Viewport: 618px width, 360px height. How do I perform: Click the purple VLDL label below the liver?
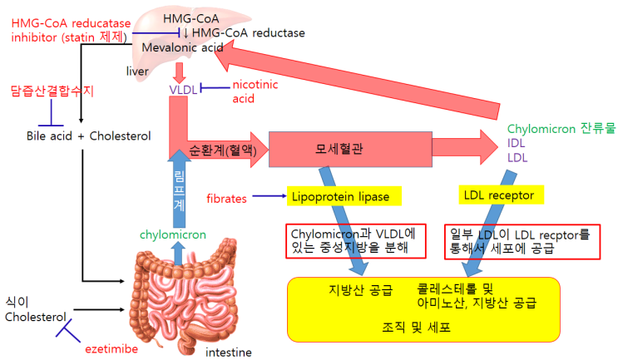(183, 89)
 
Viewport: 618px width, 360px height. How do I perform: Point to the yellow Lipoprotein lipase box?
(345, 197)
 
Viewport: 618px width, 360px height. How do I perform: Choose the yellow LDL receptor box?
(502, 195)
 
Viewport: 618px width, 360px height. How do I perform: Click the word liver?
(137, 71)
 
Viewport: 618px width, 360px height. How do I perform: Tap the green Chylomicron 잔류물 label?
(560, 131)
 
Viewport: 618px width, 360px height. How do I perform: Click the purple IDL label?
(517, 144)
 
